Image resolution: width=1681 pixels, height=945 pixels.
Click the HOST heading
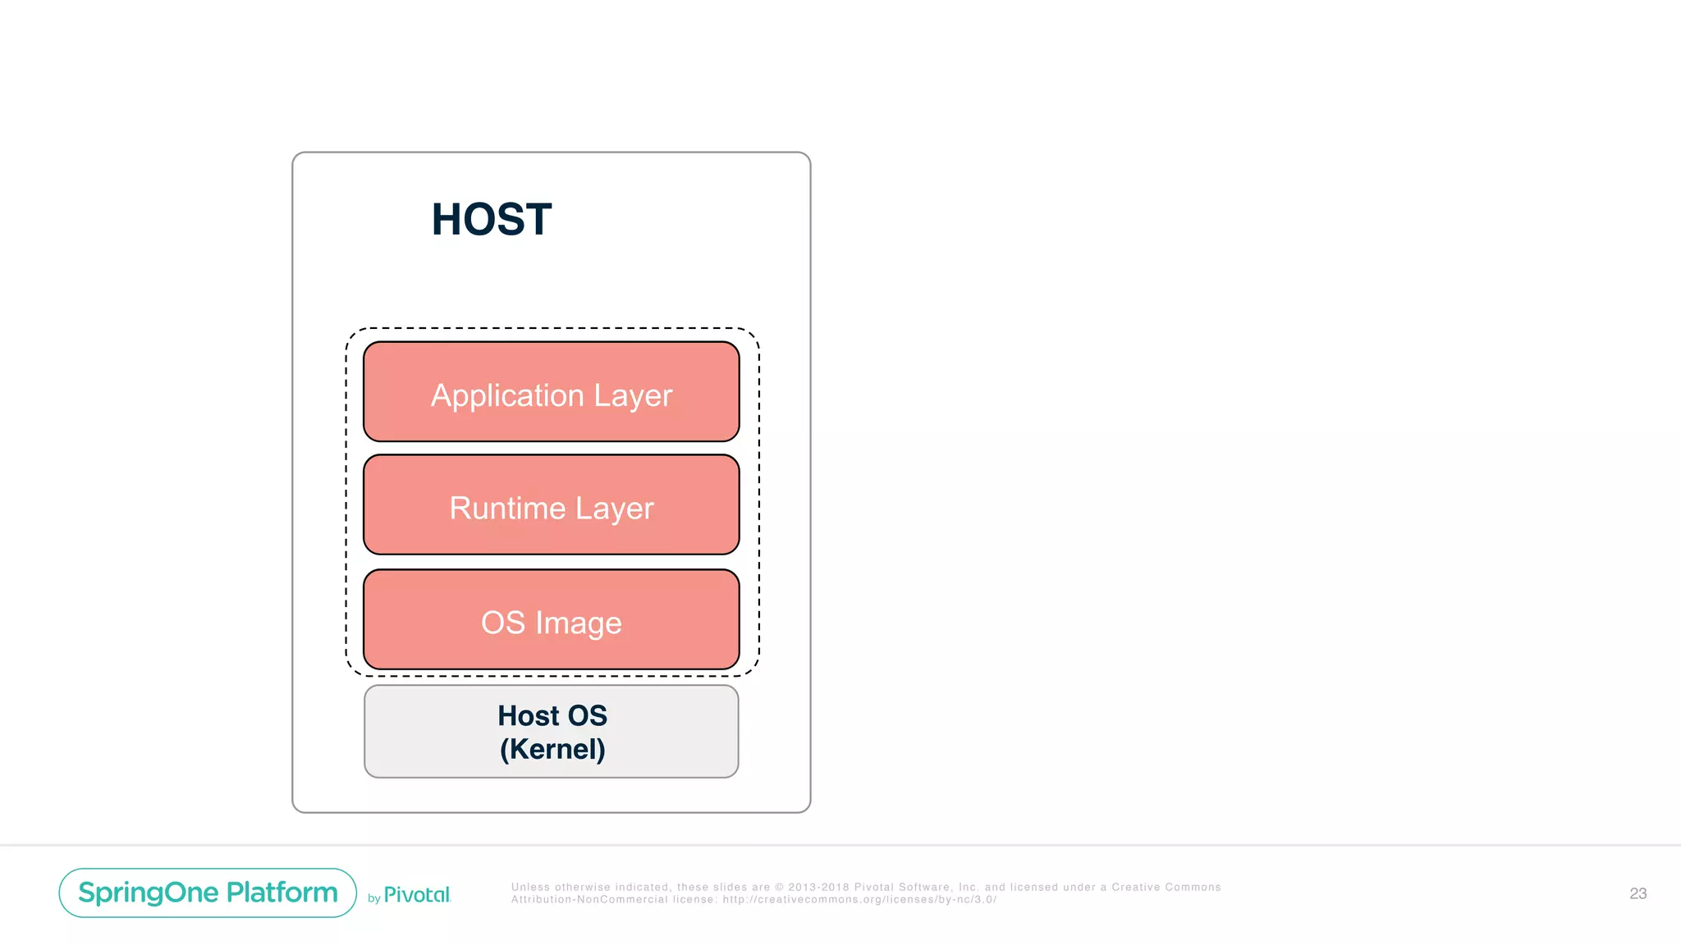click(492, 220)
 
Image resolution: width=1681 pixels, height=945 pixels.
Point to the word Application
click(507, 396)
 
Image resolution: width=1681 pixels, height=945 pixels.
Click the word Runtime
click(507, 509)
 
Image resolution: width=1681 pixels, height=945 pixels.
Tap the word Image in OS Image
click(579, 623)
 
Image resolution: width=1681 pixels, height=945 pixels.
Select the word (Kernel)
click(552, 749)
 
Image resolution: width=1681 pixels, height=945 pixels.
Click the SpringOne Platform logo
click(208, 892)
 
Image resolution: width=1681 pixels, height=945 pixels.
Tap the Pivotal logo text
click(417, 895)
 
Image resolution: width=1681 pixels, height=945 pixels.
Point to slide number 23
click(1637, 893)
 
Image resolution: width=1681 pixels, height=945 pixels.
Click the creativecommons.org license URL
click(859, 900)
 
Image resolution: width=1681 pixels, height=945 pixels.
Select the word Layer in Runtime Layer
click(614, 509)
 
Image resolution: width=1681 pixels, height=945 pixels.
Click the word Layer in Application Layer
click(633, 396)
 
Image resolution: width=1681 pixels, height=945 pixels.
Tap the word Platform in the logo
click(282, 892)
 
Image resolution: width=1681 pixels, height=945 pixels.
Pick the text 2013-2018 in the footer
click(818, 887)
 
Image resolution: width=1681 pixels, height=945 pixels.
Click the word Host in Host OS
click(528, 715)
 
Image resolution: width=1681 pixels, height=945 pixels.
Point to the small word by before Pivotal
click(373, 898)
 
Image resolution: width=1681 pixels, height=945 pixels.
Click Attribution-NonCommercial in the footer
click(589, 900)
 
